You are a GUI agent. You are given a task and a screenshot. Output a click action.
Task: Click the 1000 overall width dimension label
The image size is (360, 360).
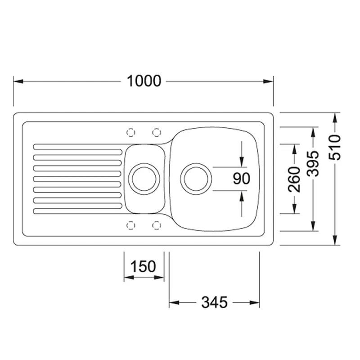point(144,81)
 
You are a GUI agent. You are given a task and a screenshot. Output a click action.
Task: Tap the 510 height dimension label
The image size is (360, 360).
point(335,148)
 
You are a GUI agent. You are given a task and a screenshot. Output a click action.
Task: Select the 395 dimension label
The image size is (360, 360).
point(313,164)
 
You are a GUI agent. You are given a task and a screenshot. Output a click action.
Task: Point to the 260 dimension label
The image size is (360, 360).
point(294,179)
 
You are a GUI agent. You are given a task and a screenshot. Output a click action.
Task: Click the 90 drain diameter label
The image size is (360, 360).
point(241,179)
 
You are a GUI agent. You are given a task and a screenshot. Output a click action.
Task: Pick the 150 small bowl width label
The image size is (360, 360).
point(143,266)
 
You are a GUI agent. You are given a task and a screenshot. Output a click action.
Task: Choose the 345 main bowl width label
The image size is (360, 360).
point(215,302)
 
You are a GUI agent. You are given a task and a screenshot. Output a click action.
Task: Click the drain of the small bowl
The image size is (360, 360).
point(144,179)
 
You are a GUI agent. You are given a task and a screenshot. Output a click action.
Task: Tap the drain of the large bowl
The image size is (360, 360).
point(196,179)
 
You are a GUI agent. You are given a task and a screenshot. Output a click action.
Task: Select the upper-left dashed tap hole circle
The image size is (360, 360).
point(131,132)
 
